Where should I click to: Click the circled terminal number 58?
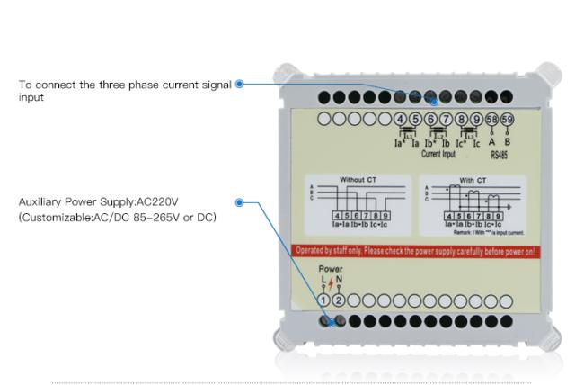click(x=491, y=120)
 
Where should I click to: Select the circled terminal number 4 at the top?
click(x=400, y=120)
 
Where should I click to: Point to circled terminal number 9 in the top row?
click(x=476, y=120)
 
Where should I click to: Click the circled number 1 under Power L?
click(x=324, y=300)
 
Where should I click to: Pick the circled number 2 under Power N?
click(x=339, y=300)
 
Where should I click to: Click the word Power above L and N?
click(x=331, y=269)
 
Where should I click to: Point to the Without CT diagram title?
click(x=358, y=180)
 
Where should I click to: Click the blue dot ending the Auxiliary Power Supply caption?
click(x=239, y=203)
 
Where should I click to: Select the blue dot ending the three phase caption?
click(x=239, y=85)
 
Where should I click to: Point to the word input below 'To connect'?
click(x=31, y=97)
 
